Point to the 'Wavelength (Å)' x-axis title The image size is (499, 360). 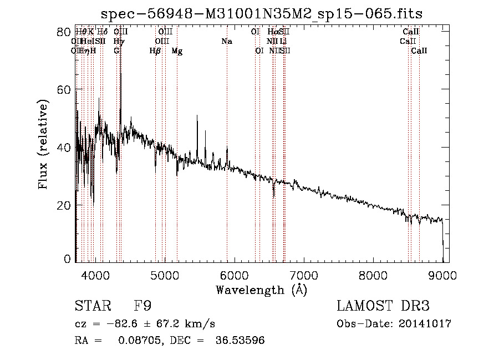[261, 290]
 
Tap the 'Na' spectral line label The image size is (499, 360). [226, 42]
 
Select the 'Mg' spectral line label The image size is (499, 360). [177, 51]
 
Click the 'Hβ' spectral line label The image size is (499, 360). [155, 51]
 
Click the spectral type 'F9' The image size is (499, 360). [142, 306]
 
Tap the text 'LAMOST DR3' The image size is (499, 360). [383, 306]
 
